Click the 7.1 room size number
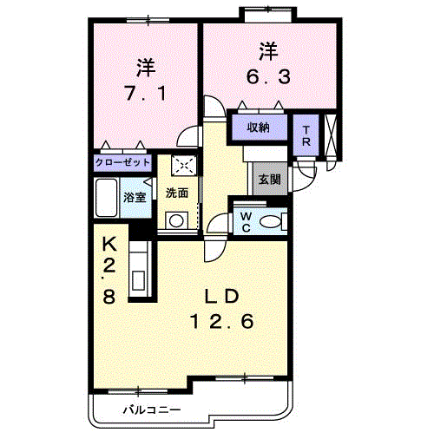146,93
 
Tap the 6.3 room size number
268,76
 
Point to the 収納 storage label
258,127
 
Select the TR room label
306,135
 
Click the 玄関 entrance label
269,180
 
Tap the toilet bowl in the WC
270,222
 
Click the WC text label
246,222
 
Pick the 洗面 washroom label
177,193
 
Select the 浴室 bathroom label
135,197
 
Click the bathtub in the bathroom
106,198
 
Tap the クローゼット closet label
122,162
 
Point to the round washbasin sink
176,221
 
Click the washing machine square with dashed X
184,166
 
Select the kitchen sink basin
138,280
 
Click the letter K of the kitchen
109,245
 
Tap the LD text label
222,297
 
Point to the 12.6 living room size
222,321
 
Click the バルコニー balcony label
152,410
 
